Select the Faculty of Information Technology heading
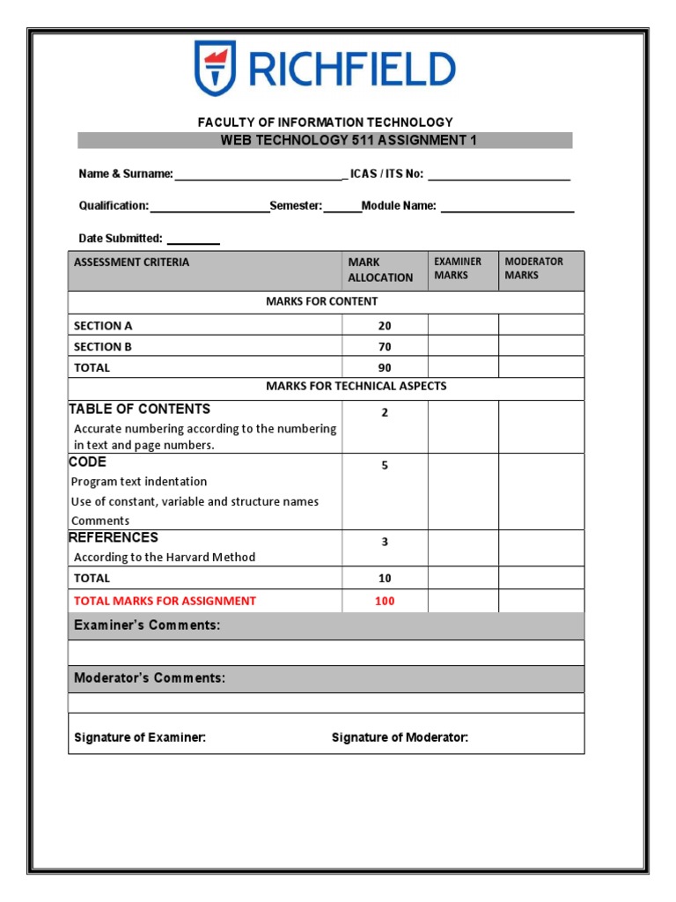(325, 122)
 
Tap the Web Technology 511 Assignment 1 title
(325, 140)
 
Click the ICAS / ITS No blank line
(499, 175)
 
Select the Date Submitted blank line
(193, 240)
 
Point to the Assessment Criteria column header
(131, 262)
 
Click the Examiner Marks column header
(458, 269)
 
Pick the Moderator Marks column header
(533, 269)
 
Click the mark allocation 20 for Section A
(385, 326)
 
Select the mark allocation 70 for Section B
(385, 347)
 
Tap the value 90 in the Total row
(385, 368)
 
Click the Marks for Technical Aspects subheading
(356, 387)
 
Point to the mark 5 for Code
(385, 465)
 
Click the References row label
(114, 537)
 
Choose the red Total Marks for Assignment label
(165, 601)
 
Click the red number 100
(385, 601)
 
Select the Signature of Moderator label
(400, 737)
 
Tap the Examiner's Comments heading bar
(326, 625)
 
